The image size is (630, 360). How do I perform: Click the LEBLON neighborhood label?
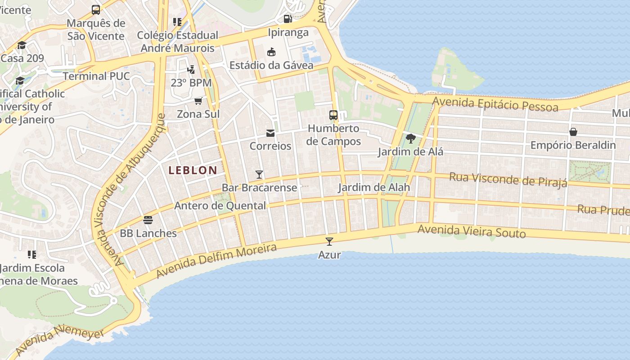(193, 171)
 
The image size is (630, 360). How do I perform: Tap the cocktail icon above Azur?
(329, 242)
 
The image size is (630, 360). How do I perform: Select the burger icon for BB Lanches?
(148, 220)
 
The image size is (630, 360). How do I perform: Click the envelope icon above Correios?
(270, 133)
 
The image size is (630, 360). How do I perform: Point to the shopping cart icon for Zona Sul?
(198, 101)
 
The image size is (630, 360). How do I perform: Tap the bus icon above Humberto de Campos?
(333, 115)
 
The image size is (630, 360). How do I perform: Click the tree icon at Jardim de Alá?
(410, 138)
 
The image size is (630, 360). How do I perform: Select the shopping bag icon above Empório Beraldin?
(573, 132)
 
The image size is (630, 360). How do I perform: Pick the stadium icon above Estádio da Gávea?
(271, 52)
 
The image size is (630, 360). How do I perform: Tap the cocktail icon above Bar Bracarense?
(259, 175)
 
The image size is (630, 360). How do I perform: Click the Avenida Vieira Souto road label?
(472, 231)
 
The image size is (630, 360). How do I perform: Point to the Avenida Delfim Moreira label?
(216, 261)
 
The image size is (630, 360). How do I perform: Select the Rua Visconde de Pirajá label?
(508, 180)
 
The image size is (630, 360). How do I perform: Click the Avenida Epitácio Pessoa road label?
(495, 104)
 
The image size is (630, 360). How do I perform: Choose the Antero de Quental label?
(220, 206)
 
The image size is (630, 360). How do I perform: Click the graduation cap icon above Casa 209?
(22, 45)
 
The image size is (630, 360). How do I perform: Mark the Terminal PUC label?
(96, 76)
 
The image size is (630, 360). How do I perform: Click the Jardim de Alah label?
(374, 187)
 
